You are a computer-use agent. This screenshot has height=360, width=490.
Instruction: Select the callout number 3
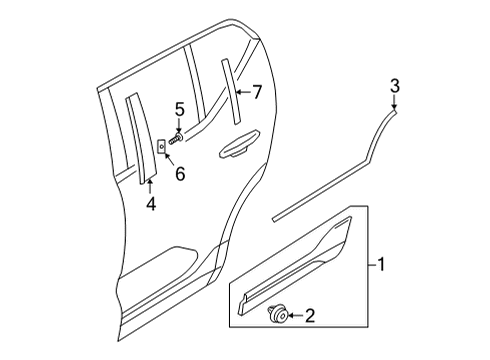point(395,85)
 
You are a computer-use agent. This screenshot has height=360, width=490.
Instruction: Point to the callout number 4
point(151,205)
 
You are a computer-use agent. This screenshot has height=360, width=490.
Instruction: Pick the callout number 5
point(180,109)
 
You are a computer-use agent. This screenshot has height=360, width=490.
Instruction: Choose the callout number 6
point(180,174)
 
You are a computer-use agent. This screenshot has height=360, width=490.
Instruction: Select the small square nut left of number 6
point(161,146)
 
